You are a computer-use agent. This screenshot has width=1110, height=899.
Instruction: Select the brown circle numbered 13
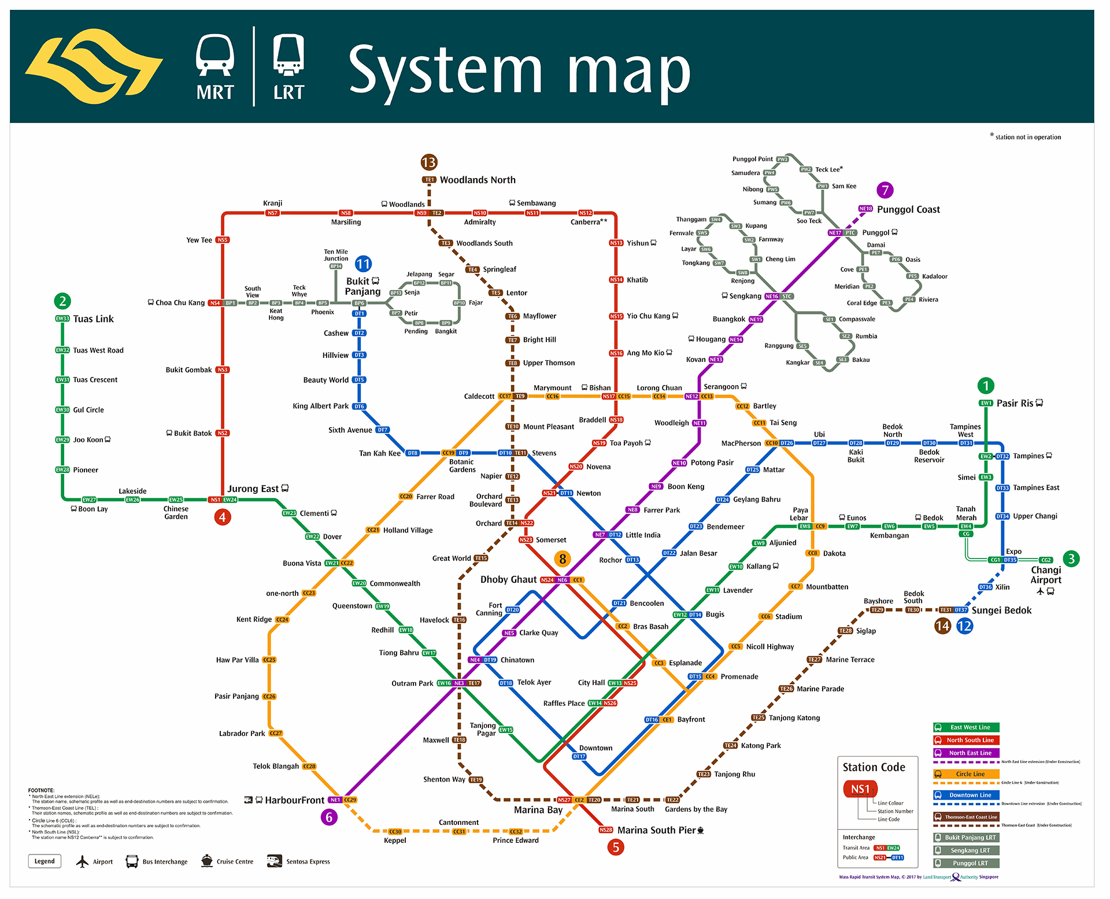(x=429, y=162)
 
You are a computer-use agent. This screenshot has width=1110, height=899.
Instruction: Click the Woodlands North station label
(x=477, y=180)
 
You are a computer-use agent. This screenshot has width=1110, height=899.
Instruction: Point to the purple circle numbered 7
(x=885, y=190)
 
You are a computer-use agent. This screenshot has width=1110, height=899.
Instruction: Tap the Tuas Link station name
(x=93, y=319)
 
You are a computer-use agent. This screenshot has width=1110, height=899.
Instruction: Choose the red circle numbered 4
(x=223, y=517)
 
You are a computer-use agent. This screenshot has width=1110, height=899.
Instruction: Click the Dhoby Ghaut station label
(x=508, y=580)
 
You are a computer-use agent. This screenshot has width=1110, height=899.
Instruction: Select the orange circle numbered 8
(x=563, y=558)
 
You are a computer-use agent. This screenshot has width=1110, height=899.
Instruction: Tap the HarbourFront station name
(x=294, y=800)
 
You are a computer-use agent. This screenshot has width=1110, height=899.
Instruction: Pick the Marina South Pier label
(x=656, y=830)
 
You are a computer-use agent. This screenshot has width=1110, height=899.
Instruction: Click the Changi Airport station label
(x=1046, y=575)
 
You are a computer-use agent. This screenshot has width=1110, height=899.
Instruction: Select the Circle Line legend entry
(x=970, y=774)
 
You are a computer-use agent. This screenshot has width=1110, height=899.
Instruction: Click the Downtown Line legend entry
(x=970, y=795)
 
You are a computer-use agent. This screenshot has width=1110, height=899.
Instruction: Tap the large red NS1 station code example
(x=860, y=789)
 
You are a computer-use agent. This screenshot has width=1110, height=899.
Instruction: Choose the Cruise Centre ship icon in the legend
(x=207, y=861)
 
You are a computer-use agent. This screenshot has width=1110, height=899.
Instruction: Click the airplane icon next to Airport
(x=83, y=861)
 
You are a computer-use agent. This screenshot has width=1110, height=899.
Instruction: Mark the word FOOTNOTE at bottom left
(x=41, y=790)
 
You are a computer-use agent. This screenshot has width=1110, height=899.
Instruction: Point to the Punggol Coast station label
(x=908, y=210)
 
